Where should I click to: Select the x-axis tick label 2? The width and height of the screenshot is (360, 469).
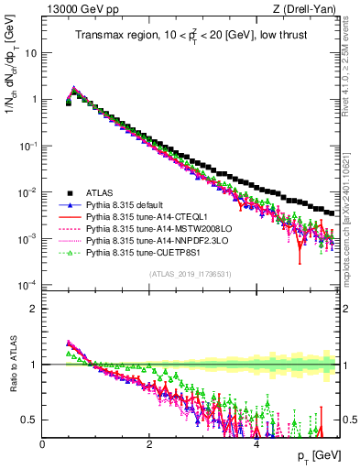tap(149, 443)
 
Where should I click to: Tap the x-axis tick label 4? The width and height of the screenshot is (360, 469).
tap(256, 443)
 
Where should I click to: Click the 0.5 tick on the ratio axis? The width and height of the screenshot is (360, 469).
tap(32, 420)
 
